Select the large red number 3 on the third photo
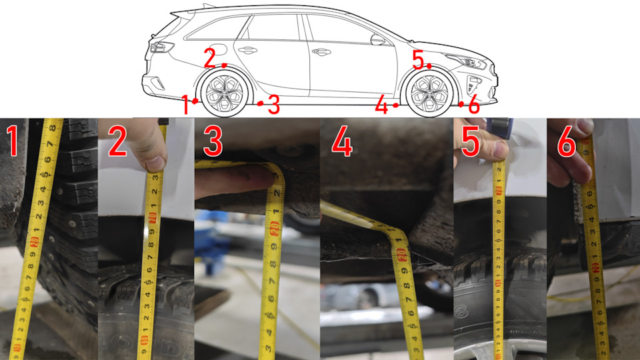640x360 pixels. (213, 141)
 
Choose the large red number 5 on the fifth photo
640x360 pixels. (470, 142)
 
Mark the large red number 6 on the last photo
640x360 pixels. (566, 142)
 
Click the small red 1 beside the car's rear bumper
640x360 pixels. (186, 104)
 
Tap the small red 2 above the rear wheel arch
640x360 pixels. (209, 59)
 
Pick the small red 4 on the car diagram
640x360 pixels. (381, 105)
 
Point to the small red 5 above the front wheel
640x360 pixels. (418, 61)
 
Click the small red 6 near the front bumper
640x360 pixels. (473, 105)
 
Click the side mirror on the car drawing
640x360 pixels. (379, 40)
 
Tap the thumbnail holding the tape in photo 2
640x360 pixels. (156, 161)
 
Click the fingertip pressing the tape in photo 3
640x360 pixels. (267, 179)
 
